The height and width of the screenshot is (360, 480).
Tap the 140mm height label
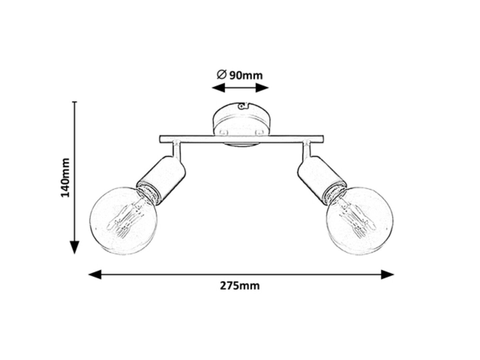tap(65, 177)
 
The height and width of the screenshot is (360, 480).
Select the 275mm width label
tap(240, 286)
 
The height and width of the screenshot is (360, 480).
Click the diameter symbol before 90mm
tap(221, 75)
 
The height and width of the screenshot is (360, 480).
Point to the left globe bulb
tap(123, 221)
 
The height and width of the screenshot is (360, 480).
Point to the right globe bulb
tap(359, 221)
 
